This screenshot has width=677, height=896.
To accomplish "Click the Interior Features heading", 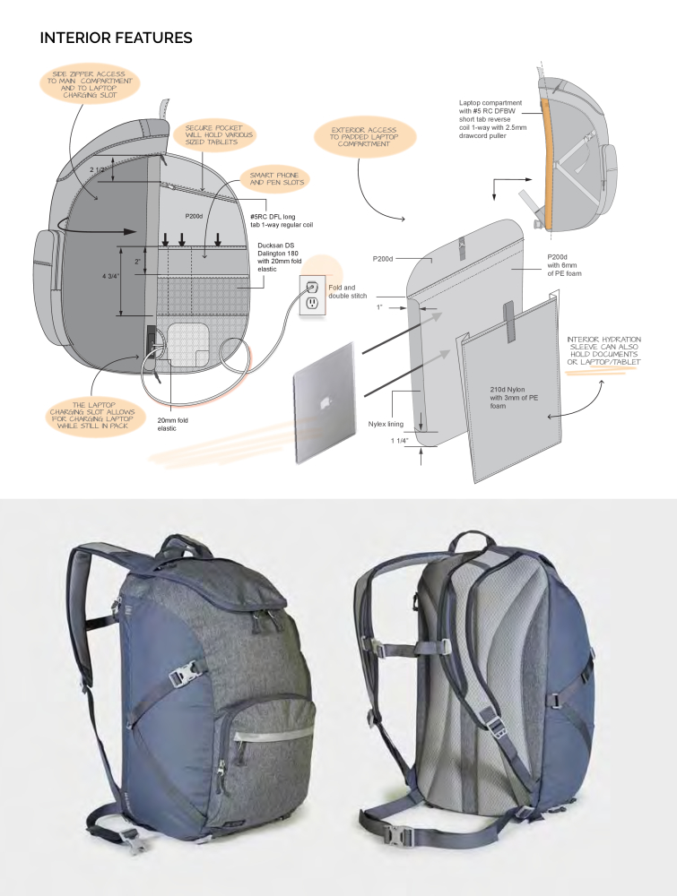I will [116, 39].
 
